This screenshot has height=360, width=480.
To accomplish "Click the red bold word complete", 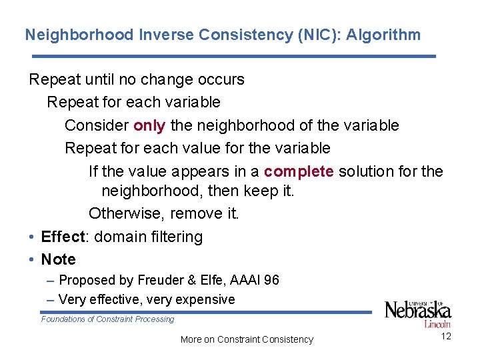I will point(299,171).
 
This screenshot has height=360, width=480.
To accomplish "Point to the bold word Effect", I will point(63,237).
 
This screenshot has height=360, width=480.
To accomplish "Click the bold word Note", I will point(58,259).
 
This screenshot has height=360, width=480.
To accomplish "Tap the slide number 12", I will point(446,336).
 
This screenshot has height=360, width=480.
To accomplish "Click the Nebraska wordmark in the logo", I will point(418,311).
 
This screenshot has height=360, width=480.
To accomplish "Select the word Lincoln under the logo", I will point(437,325).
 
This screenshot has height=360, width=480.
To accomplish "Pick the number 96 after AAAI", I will point(271,280).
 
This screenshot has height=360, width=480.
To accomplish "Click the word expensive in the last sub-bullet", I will point(206,299).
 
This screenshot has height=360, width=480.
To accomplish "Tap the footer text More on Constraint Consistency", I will point(247,339).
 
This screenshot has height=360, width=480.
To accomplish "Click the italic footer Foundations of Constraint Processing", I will point(107,319).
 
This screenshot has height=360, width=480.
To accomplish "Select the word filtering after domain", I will point(175,237).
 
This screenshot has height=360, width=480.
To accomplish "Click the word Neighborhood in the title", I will point(79,35).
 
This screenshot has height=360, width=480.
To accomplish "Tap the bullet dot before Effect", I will point(32,237).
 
